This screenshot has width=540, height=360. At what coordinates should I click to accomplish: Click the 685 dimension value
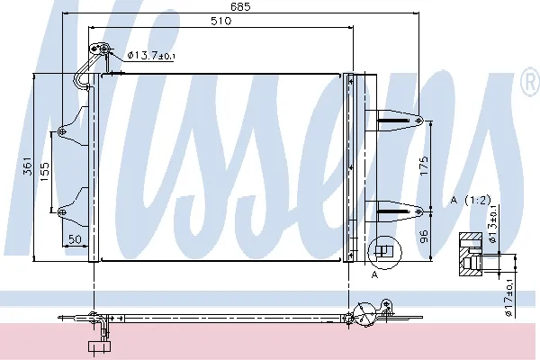pyautogui.click(x=240, y=6)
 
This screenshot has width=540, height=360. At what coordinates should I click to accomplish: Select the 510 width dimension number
pyautogui.click(x=220, y=21)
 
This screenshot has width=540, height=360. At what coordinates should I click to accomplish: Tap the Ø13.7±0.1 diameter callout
pyautogui.click(x=151, y=55)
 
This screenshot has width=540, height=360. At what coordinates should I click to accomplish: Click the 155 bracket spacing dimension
pyautogui.click(x=44, y=172)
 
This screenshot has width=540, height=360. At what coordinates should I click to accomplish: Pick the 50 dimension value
pyautogui.click(x=75, y=239)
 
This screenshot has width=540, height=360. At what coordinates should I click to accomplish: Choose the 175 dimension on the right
pyautogui.click(x=424, y=166)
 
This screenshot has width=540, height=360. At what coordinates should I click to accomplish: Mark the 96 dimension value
pyautogui.click(x=424, y=237)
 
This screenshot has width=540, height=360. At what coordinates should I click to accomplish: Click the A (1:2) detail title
pyautogui.click(x=471, y=200)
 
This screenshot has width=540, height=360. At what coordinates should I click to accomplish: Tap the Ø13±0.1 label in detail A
pyautogui.click(x=493, y=224)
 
